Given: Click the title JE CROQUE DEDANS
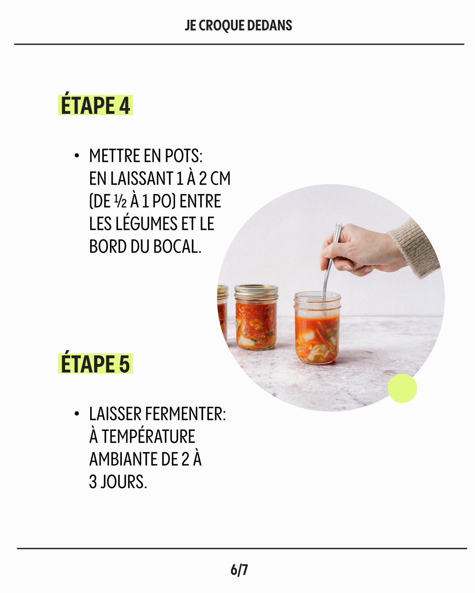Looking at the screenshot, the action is (238, 25).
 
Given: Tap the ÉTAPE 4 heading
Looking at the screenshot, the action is (95, 105).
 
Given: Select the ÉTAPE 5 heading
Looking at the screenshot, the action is (95, 363).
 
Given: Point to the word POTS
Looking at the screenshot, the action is (183, 156).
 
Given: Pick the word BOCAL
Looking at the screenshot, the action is (177, 246).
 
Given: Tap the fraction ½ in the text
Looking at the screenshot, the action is (121, 202).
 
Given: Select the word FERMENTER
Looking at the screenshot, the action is (185, 414).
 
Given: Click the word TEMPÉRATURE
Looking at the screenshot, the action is (149, 436).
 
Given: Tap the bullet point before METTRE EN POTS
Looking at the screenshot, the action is (77, 156).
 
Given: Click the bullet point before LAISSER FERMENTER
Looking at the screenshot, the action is (77, 414).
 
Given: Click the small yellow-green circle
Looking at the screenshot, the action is (402, 388).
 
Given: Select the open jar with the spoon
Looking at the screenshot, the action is (318, 328).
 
